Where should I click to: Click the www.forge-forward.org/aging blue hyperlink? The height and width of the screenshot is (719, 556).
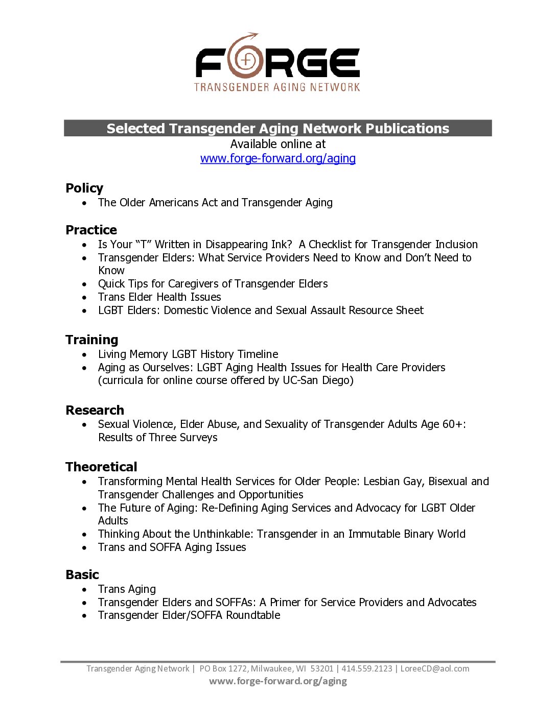(x=277, y=158)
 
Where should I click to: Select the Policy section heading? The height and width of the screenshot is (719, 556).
(x=84, y=188)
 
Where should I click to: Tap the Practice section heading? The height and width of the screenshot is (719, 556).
(x=91, y=230)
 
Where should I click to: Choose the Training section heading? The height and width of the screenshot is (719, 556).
(x=91, y=340)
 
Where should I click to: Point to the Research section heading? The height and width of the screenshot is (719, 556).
(x=95, y=410)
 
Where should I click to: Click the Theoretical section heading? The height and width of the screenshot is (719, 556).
(x=101, y=467)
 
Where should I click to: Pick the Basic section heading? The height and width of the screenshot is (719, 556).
(x=82, y=574)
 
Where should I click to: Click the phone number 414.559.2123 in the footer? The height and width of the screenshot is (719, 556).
(x=367, y=668)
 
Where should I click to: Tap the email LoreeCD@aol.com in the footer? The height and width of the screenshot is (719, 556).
(x=434, y=668)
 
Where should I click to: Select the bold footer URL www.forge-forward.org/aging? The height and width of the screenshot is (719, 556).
(x=277, y=681)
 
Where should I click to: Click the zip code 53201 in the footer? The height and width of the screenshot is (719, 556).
(x=322, y=668)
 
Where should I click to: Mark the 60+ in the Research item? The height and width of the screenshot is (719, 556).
(x=452, y=424)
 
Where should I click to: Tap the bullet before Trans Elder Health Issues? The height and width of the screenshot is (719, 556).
(x=84, y=297)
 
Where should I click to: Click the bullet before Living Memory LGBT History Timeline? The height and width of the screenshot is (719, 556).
(x=84, y=354)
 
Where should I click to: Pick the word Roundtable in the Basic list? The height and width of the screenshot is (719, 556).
(x=253, y=615)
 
